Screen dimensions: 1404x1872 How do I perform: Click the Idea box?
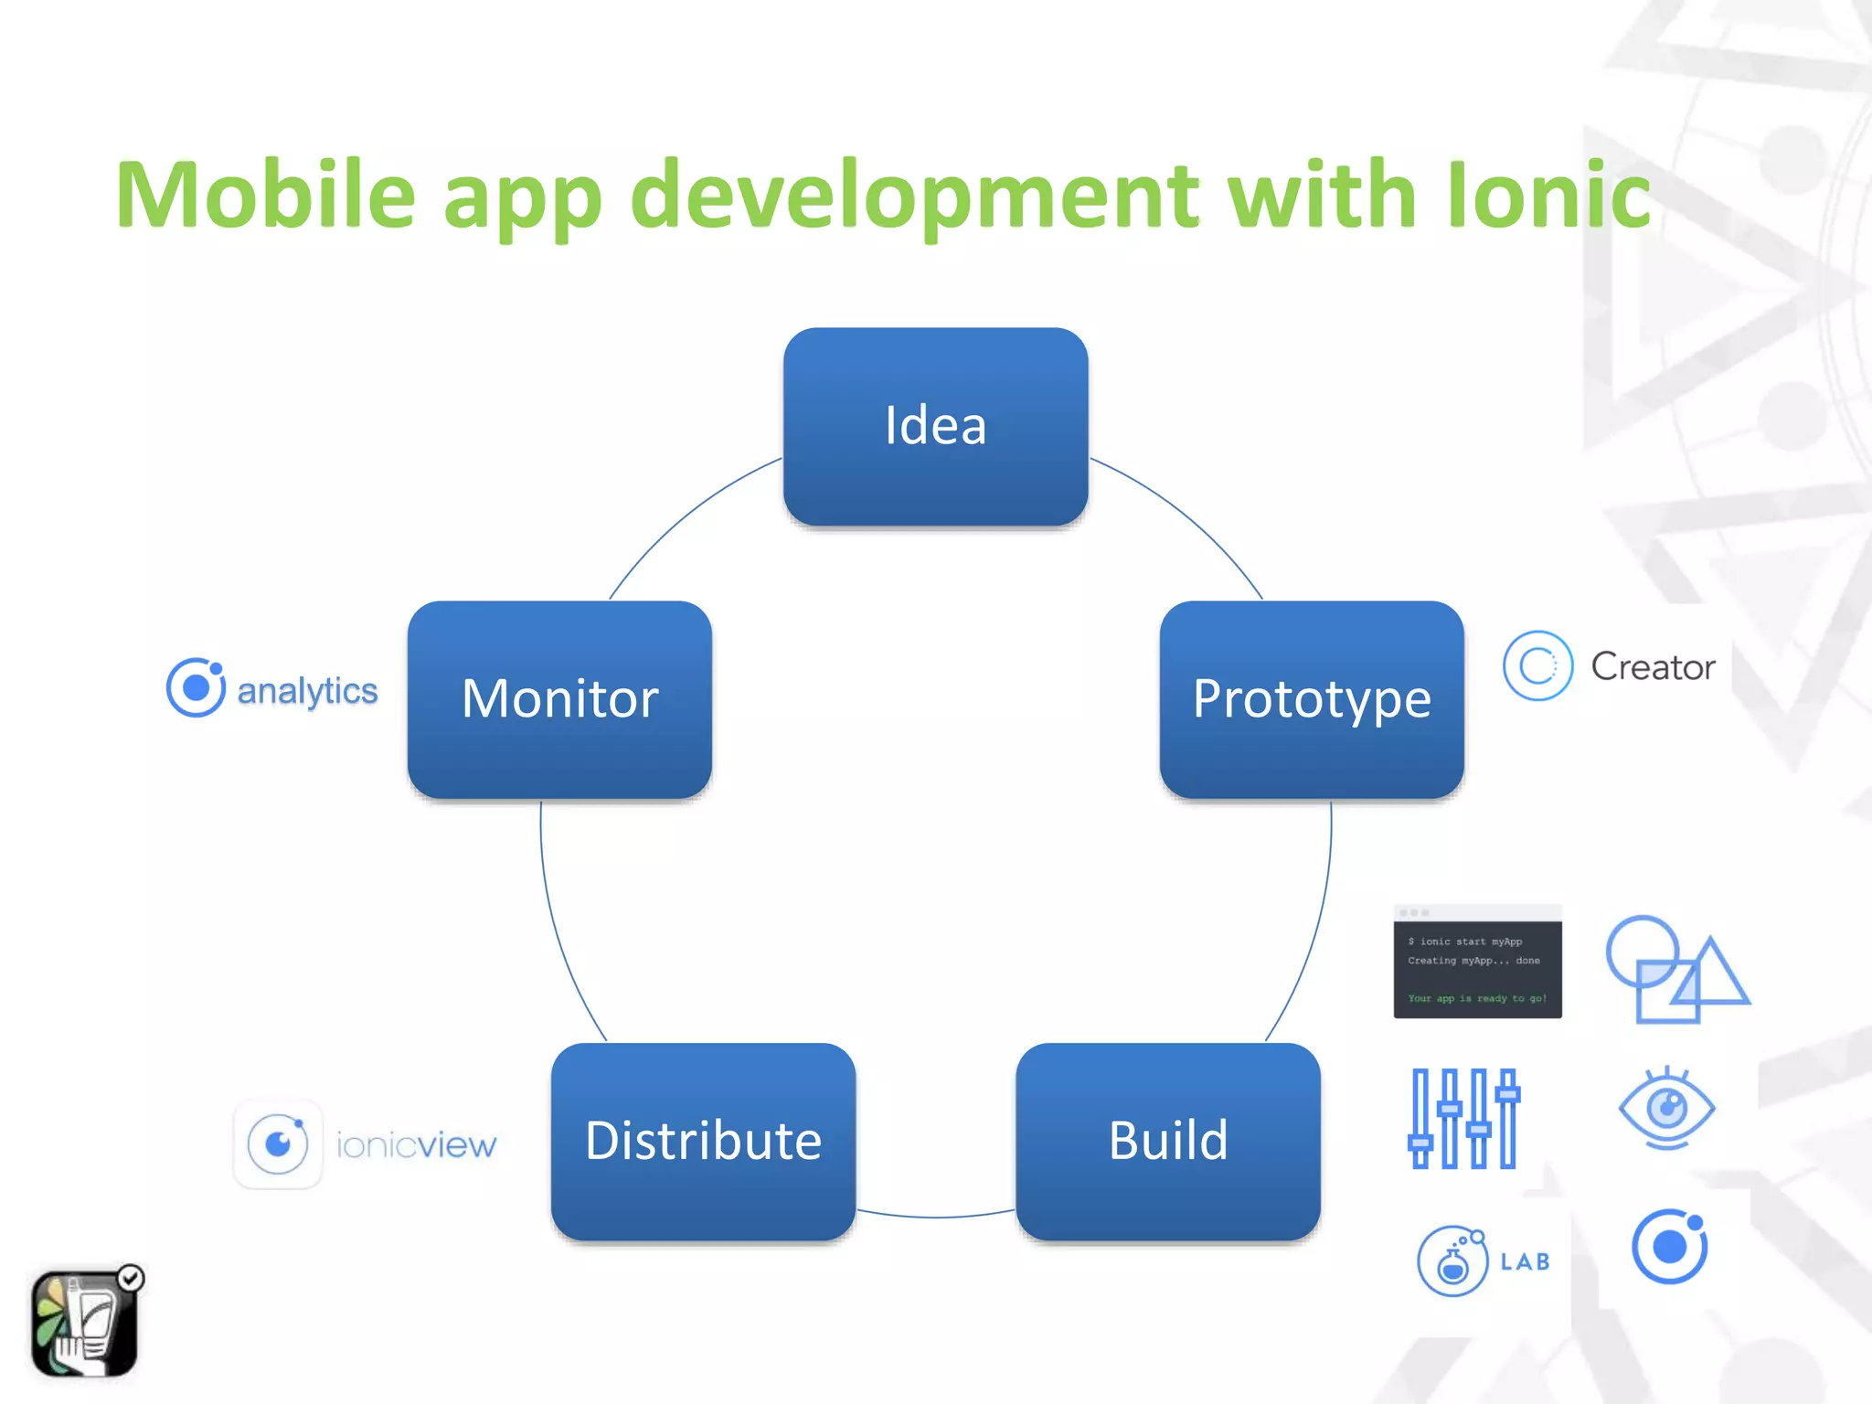pos(935,426)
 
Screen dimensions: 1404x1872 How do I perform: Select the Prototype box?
pos(1311,699)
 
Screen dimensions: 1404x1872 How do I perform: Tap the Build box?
pos(1167,1141)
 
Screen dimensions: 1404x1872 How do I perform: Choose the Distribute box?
pos(703,1141)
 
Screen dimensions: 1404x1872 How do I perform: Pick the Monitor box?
pos(559,699)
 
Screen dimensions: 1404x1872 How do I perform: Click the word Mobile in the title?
pos(265,195)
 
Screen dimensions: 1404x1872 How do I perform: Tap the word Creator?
pos(1653,666)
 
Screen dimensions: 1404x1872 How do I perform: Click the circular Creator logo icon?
pos(1537,666)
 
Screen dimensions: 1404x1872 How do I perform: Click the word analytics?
pos(307,691)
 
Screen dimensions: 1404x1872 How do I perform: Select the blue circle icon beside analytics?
pos(196,687)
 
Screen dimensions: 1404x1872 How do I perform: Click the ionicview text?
pos(416,1144)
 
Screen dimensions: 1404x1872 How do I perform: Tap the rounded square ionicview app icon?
pos(278,1144)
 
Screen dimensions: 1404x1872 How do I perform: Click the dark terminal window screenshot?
pos(1477,962)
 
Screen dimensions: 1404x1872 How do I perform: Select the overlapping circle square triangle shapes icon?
pos(1675,969)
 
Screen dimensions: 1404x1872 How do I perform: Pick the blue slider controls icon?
pos(1463,1118)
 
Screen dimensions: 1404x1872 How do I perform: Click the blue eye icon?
pos(1666,1109)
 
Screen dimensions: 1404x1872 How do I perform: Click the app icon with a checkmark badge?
pos(85,1322)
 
